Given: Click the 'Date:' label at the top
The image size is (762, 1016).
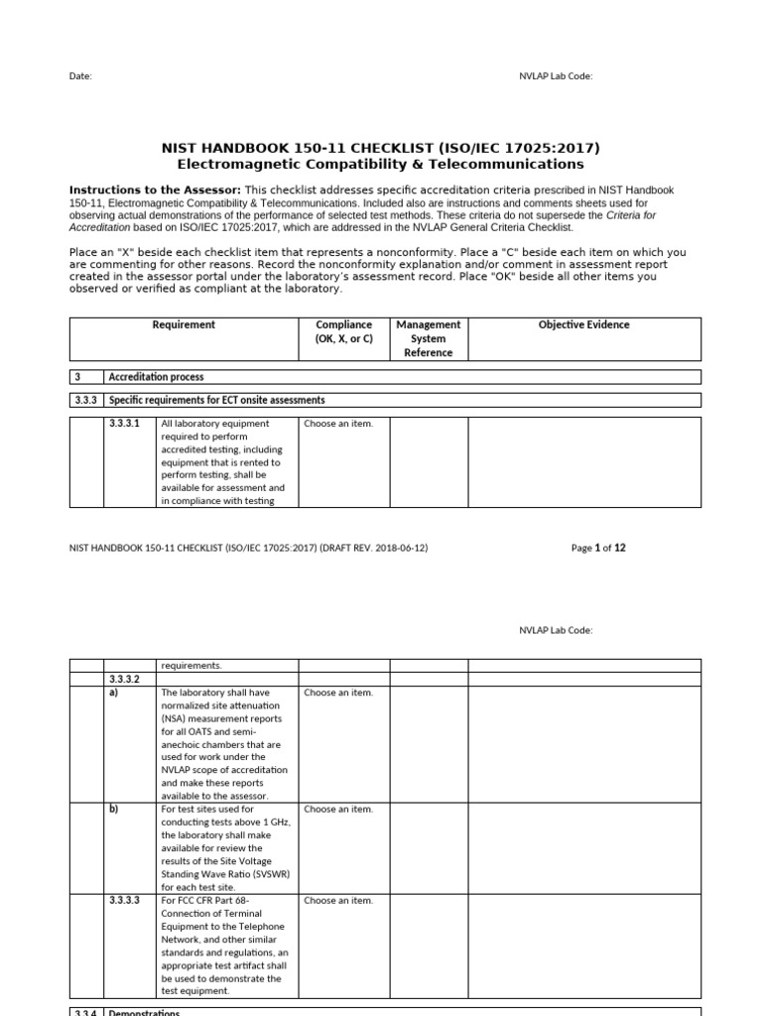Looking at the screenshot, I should pyautogui.click(x=80, y=75).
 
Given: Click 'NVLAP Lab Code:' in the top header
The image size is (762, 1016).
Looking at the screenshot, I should pyautogui.click(x=556, y=75).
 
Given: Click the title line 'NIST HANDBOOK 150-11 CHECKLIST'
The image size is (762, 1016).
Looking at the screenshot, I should pyautogui.click(x=380, y=148).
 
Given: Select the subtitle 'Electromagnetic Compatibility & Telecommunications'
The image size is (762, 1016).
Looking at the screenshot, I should pyautogui.click(x=380, y=164).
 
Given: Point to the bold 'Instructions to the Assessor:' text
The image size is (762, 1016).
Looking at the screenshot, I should pyautogui.click(x=155, y=189).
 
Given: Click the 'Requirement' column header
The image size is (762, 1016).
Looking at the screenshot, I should pyautogui.click(x=184, y=324).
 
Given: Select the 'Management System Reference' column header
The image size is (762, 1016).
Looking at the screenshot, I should pyautogui.click(x=428, y=338).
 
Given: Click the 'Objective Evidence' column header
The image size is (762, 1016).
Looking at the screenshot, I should pyautogui.click(x=583, y=324).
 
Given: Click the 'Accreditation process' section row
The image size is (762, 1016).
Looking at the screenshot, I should pyautogui.click(x=157, y=377).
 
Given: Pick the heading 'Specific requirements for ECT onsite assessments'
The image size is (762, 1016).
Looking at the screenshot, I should pyautogui.click(x=217, y=400).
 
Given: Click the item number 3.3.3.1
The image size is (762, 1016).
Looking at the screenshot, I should pyautogui.click(x=125, y=424).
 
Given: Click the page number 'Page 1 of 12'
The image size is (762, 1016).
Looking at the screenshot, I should pyautogui.click(x=598, y=548).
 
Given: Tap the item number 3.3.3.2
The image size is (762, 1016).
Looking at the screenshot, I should pyautogui.click(x=125, y=680).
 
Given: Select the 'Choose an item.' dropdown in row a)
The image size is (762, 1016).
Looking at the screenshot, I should pyautogui.click(x=338, y=693).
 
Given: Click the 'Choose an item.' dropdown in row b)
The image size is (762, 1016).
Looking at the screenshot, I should pyautogui.click(x=338, y=810).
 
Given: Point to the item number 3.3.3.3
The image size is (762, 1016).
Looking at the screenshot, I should pyautogui.click(x=125, y=900).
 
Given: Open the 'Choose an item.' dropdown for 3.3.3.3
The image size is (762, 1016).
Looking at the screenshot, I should pyautogui.click(x=338, y=900).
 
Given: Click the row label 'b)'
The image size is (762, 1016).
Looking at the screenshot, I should pyautogui.click(x=114, y=810).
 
